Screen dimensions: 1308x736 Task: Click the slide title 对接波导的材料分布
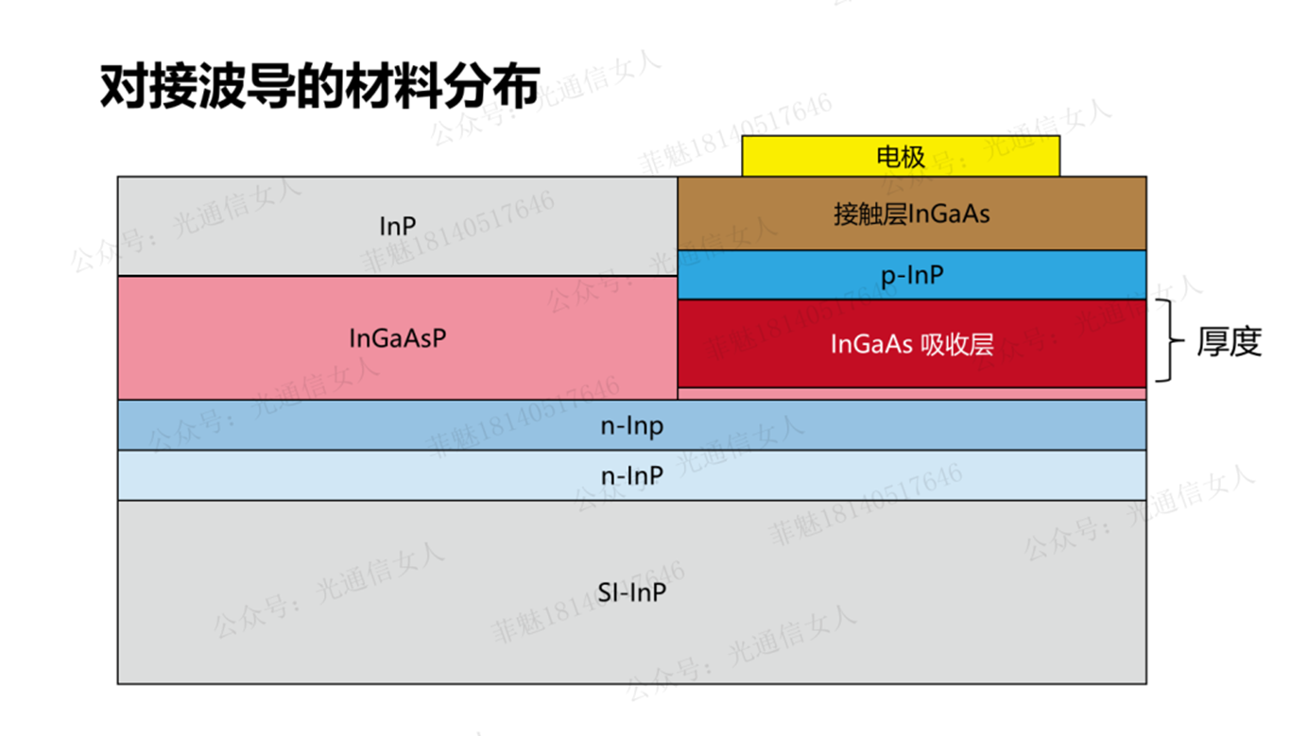[319, 86]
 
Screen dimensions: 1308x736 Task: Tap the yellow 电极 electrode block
[901, 156]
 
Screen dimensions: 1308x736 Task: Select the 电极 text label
[901, 157]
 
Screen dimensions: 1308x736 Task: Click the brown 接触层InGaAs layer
[911, 214]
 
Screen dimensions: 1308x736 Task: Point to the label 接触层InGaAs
[911, 214]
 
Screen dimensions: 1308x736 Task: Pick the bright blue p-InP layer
[911, 275]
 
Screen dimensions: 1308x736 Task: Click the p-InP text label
[912, 276]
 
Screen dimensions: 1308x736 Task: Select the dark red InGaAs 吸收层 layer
[911, 344]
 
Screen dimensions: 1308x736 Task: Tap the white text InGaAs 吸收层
[912, 344]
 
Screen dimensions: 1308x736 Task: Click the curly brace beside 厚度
[1170, 340]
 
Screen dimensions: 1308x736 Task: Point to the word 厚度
[1230, 341]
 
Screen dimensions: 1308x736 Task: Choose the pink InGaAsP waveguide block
[397, 338]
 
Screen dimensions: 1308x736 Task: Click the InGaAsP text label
[398, 338]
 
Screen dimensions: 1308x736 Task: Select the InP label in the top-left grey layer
[398, 227]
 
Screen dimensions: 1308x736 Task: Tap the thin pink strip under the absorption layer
[911, 394]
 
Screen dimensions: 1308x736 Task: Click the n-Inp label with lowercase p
[632, 426]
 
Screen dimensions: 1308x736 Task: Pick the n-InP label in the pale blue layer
[632, 475]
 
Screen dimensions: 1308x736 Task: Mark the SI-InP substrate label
[632, 592]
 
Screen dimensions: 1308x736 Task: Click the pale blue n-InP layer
[632, 475]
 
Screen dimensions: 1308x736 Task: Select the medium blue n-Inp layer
[632, 425]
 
